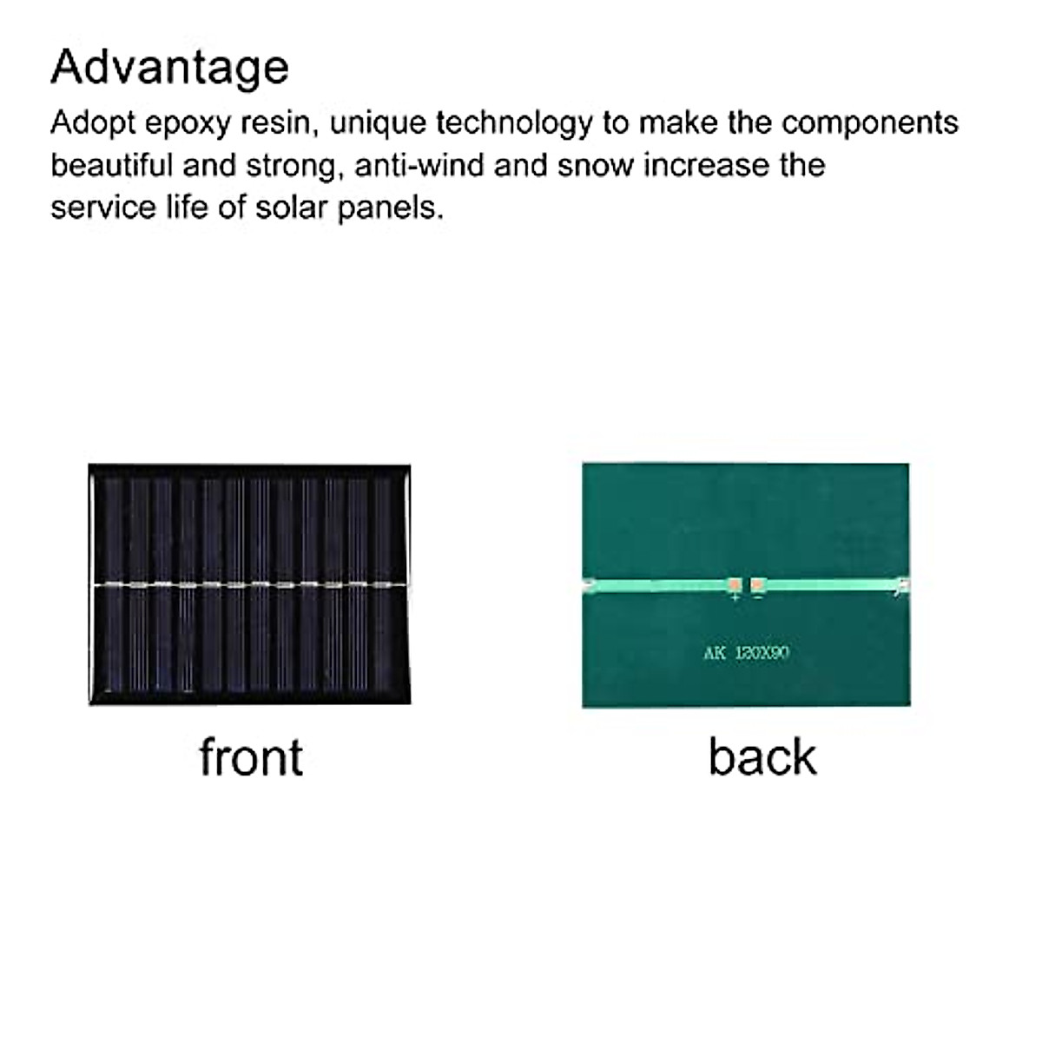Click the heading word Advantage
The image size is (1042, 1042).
click(169, 68)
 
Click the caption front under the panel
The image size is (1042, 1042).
click(251, 756)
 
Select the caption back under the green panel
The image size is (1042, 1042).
click(762, 756)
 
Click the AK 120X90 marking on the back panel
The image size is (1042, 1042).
click(747, 653)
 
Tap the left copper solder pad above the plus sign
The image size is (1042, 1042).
click(735, 585)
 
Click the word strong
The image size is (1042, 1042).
click(291, 165)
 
